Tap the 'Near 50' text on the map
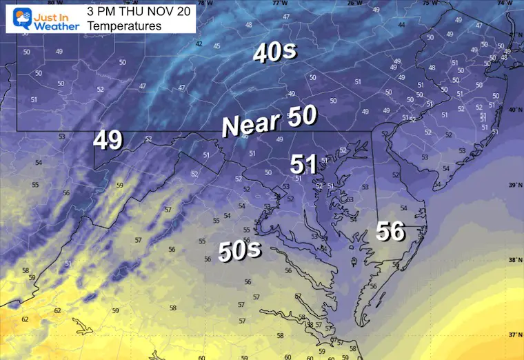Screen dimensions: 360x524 (x=269, y=122)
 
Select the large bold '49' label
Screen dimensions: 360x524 (x=108, y=140)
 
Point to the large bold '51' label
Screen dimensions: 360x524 (x=303, y=164)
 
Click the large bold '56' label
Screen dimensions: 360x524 (x=390, y=232)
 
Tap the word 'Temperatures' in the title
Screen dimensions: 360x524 (x=124, y=26)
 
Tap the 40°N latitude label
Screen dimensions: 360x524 (x=514, y=110)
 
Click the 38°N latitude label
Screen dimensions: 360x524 (x=514, y=261)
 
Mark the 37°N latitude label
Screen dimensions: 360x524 (x=514, y=335)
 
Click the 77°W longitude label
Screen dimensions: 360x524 (x=278, y=3)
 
